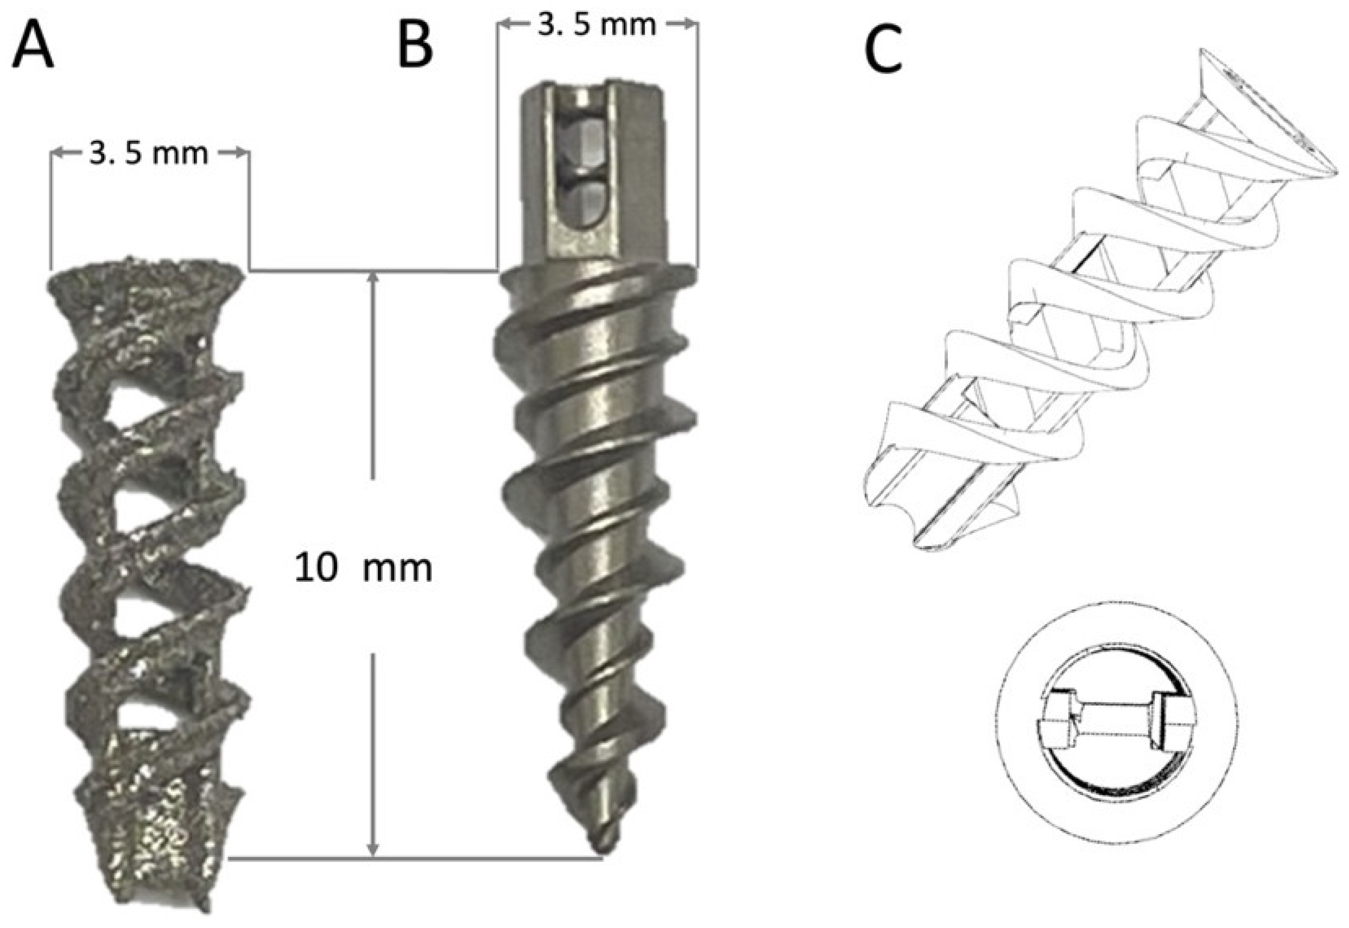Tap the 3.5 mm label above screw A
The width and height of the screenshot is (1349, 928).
tap(149, 154)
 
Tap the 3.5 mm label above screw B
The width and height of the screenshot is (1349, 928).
tap(597, 26)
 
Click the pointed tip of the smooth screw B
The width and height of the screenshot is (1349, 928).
tap(602, 849)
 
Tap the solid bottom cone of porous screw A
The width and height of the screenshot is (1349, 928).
tap(154, 837)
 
